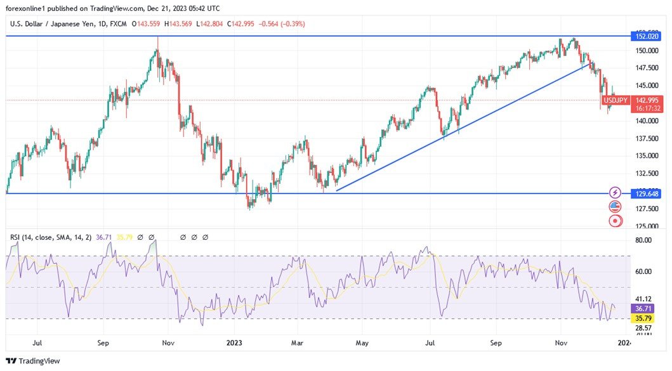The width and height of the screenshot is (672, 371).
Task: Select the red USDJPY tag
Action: point(616,100)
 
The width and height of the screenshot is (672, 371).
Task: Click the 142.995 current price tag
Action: point(647,100)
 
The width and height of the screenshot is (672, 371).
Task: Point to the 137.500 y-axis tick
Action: point(647,138)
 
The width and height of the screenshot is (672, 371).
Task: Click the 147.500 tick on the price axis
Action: point(647,68)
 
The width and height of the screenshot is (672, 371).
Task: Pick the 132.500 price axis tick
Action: point(647,173)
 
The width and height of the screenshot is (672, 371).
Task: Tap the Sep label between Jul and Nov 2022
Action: point(103,343)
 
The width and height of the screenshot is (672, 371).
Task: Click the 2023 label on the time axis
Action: point(235,343)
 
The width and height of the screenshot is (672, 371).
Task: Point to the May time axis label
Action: point(362,343)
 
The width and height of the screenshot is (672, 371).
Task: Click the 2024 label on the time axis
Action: point(624,343)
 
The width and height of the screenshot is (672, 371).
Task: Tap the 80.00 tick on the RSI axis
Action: point(643,240)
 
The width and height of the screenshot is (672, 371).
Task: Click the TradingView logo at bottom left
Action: point(33,361)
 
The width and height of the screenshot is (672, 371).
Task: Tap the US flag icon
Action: point(614,207)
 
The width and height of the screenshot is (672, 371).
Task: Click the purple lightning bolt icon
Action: point(614,192)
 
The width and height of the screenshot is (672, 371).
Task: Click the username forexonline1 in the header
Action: point(28,9)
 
